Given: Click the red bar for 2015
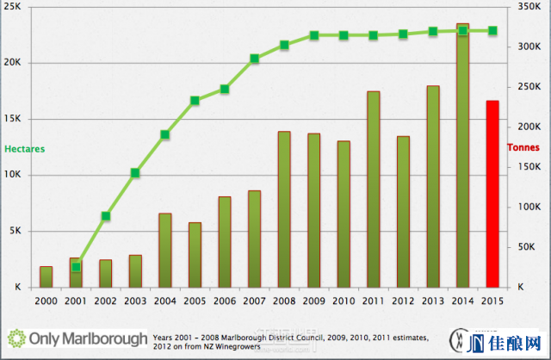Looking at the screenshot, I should (492, 194).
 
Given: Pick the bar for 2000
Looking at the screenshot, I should (46, 276).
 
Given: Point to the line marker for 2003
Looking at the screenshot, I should (135, 173).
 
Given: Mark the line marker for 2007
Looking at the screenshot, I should (255, 59).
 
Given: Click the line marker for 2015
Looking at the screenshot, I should (492, 30).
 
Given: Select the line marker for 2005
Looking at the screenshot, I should (195, 101).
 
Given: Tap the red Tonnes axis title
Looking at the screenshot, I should (523, 148).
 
